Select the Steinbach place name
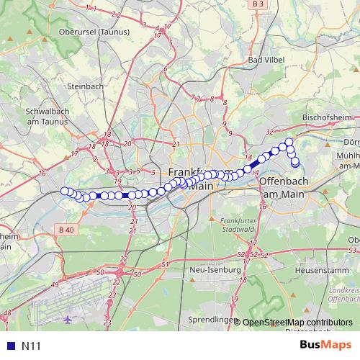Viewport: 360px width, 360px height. point(85,86)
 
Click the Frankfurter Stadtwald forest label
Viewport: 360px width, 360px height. point(238,224)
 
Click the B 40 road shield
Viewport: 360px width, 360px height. point(66,230)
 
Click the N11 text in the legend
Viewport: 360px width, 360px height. point(31,346)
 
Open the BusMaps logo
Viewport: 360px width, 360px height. point(325,345)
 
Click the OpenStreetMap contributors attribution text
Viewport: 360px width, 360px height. point(297,323)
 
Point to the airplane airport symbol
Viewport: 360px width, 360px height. point(68,318)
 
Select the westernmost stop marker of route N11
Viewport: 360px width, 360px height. point(64,191)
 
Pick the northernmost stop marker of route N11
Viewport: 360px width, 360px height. point(289,142)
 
